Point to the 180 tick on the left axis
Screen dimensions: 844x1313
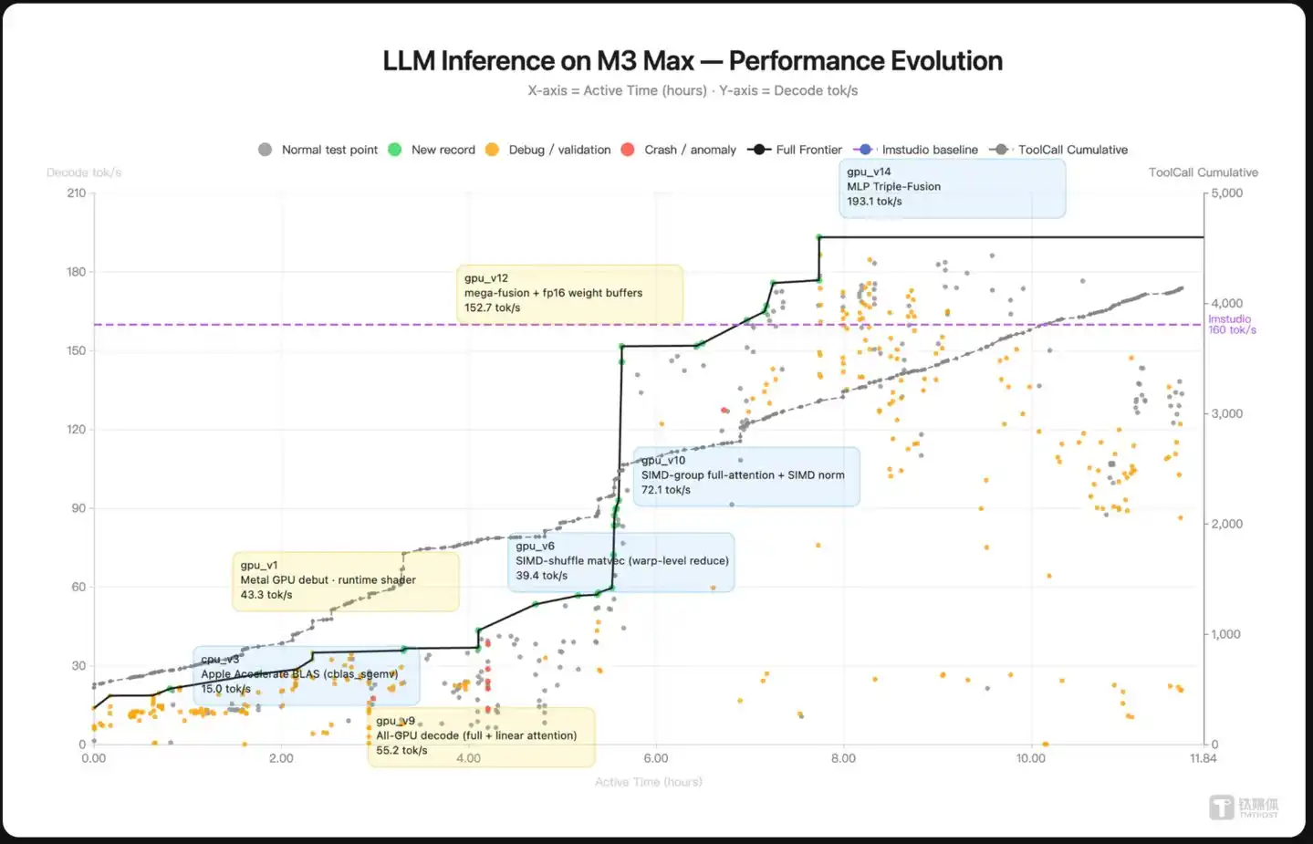(77, 272)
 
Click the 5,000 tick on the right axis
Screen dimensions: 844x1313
(1226, 193)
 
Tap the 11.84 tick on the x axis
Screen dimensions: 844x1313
(1203, 758)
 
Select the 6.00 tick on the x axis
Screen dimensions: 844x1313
(656, 758)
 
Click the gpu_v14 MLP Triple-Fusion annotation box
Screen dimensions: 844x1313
(952, 188)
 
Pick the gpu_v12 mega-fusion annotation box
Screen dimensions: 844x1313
(569, 294)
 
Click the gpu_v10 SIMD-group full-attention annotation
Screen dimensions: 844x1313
(745, 476)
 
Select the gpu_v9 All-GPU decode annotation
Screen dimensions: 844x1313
(481, 736)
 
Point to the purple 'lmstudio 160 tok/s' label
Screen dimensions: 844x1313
(1231, 324)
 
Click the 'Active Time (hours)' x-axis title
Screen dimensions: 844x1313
(648, 782)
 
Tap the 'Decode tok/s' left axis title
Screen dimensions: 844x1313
(84, 172)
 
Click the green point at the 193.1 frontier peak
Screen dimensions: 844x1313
(819, 237)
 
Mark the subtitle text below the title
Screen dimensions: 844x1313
(692, 90)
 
